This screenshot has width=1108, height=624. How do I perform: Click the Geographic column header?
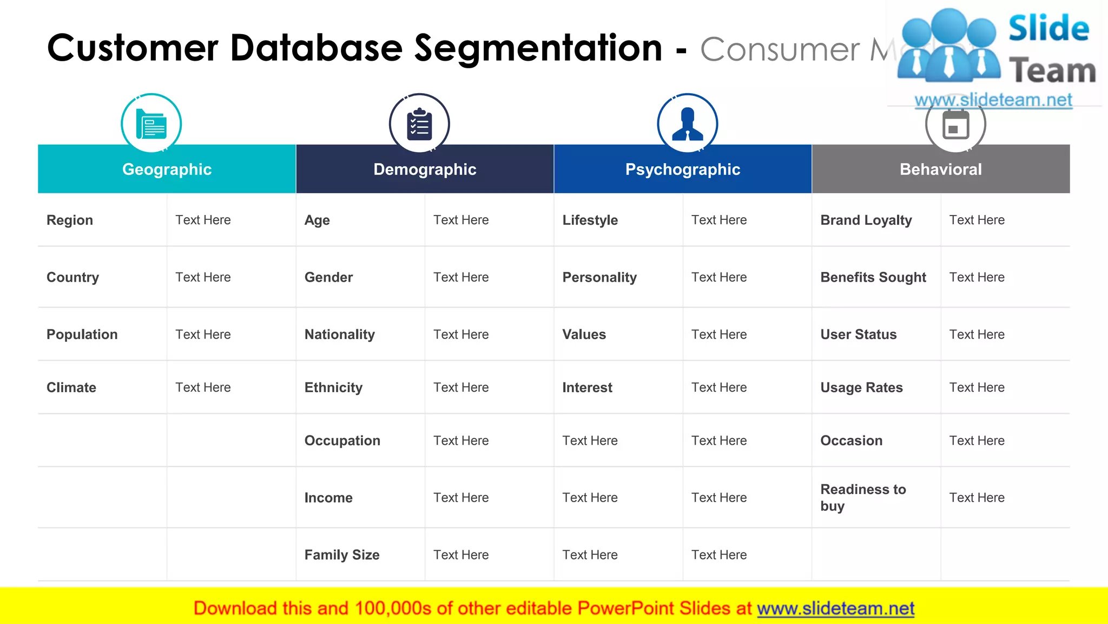(167, 169)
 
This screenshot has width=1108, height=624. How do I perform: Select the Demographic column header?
(425, 169)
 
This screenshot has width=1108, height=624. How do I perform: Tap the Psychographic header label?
(683, 169)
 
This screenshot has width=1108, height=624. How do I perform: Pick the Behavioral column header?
(941, 169)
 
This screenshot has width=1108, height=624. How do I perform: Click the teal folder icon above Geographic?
(151, 124)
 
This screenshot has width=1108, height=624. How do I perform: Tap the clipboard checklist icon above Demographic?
(419, 124)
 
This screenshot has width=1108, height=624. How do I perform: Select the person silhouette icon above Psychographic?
(687, 124)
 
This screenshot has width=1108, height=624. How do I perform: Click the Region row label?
(70, 220)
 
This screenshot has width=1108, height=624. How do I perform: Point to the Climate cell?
(71, 387)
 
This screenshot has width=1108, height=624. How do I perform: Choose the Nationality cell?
(340, 334)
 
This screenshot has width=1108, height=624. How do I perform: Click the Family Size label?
(342, 555)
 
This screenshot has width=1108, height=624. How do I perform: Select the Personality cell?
(599, 277)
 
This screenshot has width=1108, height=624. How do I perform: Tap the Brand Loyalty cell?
(866, 220)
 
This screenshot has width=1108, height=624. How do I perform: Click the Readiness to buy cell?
(863, 497)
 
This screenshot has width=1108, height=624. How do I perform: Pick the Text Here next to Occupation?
(461, 440)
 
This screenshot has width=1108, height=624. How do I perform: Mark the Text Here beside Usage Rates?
(977, 387)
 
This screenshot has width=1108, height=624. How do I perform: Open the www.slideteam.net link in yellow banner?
(835, 608)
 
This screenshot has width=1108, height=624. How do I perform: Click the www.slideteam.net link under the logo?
(993, 100)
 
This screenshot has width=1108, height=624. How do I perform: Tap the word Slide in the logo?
(1048, 28)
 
